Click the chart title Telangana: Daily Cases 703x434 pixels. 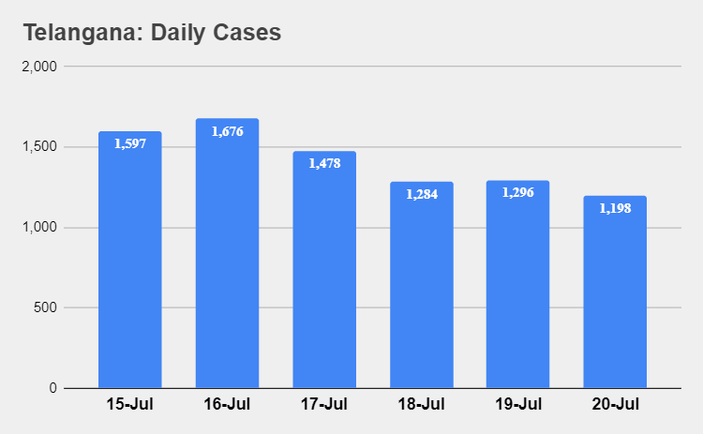tap(152, 33)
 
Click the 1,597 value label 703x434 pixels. tap(130, 144)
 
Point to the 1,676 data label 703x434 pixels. tap(227, 131)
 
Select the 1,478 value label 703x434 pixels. tap(324, 163)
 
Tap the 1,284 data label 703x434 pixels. tap(422, 194)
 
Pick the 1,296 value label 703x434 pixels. tap(518, 192)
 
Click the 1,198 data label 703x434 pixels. tap(615, 208)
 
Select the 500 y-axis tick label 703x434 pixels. tap(46, 307)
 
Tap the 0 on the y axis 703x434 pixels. tap(53, 388)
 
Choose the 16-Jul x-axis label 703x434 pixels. tap(227, 405)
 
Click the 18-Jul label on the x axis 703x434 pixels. tap(421, 405)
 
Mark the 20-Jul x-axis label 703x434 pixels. tap(615, 405)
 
